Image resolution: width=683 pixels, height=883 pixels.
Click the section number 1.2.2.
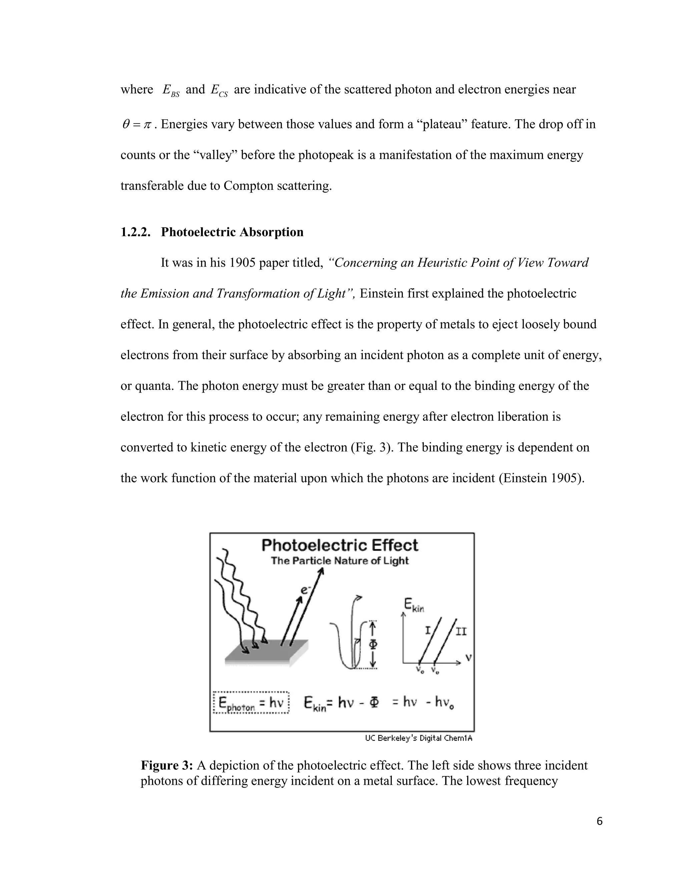pyautogui.click(x=135, y=232)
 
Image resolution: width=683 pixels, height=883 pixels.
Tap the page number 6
pyautogui.click(x=599, y=821)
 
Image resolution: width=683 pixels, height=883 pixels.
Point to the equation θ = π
pyautogui.click(x=136, y=125)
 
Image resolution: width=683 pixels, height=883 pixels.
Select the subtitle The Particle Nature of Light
pyautogui.click(x=339, y=561)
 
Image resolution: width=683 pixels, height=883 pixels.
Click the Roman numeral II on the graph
pyautogui.click(x=461, y=631)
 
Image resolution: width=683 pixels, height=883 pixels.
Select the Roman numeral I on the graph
pyautogui.click(x=428, y=630)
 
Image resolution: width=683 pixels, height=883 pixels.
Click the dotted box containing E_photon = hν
pyautogui.click(x=251, y=703)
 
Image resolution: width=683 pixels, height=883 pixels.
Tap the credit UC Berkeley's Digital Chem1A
pyautogui.click(x=419, y=738)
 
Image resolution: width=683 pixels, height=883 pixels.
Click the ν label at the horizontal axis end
pyautogui.click(x=468, y=658)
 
